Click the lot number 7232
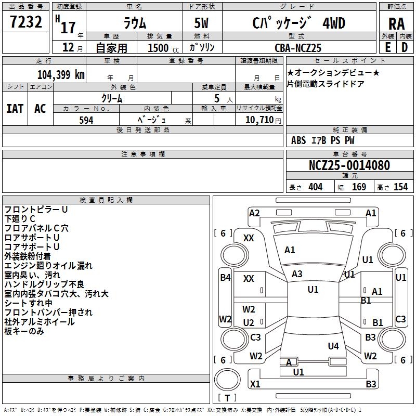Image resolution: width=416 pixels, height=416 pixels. pyautogui.click(x=26, y=22)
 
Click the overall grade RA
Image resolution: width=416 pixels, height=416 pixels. pyautogui.click(x=397, y=24)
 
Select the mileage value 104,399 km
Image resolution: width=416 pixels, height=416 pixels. pyautogui.click(x=61, y=75)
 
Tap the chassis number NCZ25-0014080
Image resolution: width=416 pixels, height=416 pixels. pyautogui.click(x=349, y=165)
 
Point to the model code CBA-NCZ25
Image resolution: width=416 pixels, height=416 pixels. pyautogui.click(x=298, y=48)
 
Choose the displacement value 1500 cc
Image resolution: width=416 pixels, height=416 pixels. pyautogui.click(x=163, y=48)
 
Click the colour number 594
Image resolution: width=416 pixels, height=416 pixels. pyautogui.click(x=86, y=120)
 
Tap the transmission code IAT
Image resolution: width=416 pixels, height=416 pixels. pyautogui.click(x=15, y=109)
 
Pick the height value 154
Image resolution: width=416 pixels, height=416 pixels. pyautogui.click(x=400, y=187)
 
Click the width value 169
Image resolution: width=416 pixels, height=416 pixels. pyautogui.click(x=359, y=187)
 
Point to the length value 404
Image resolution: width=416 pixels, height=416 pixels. pyautogui.click(x=316, y=187)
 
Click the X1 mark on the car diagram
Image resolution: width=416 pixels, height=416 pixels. pyautogui.click(x=255, y=384)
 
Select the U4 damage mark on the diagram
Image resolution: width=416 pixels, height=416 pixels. pyautogui.click(x=333, y=346)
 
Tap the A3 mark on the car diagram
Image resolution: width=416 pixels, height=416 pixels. pyautogui.click(x=297, y=274)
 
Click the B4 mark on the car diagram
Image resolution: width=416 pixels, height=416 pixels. pyautogui.click(x=225, y=278)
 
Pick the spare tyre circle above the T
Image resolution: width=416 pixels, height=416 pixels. pyautogui.click(x=227, y=380)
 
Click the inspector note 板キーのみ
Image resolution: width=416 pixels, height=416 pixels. pyautogui.click(x=24, y=331)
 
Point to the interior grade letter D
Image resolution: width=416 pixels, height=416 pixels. pyautogui.click(x=405, y=47)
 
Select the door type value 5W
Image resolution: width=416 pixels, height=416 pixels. pyautogui.click(x=201, y=23)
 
